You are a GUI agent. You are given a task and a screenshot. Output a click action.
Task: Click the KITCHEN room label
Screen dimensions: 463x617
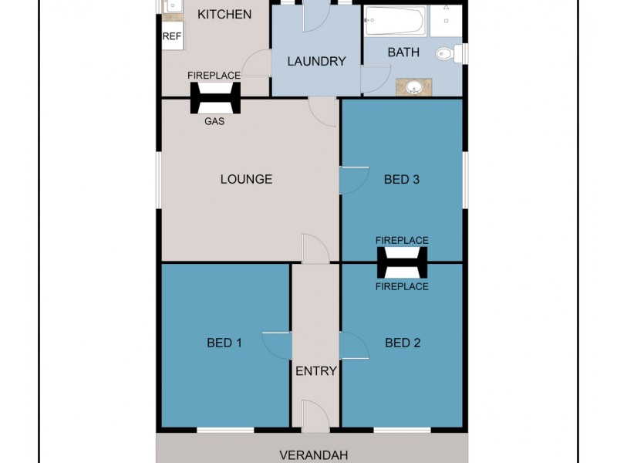point(224,14)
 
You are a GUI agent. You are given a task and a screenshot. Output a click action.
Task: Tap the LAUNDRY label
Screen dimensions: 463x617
point(316,61)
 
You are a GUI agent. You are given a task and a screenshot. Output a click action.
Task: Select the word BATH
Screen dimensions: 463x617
point(403,52)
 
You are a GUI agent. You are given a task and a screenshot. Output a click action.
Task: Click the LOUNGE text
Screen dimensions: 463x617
point(246,179)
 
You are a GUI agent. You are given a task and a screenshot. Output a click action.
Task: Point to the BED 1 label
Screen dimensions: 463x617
point(224,343)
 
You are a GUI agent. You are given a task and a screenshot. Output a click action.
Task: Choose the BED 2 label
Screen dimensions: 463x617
point(402,343)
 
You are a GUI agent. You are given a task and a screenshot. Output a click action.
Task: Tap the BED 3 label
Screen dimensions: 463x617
point(402,179)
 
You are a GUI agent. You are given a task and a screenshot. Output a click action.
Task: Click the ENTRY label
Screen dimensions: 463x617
point(316,371)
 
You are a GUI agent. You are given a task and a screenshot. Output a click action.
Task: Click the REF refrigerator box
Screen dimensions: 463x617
point(171,37)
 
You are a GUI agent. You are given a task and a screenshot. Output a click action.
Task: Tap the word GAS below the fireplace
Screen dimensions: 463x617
point(215,121)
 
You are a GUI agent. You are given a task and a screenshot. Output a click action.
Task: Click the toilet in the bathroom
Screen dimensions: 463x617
point(447,53)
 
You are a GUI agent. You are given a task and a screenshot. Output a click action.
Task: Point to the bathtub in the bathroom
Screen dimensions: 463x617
point(394,21)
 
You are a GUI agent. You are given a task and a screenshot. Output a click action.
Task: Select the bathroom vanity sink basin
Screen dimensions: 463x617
point(414,86)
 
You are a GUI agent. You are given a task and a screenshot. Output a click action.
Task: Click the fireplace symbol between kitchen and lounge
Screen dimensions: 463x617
point(215,98)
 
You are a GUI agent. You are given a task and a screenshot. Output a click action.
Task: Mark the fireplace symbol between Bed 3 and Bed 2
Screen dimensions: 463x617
point(402,263)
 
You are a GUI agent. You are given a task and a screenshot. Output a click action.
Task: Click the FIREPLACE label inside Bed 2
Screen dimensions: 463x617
point(402,286)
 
